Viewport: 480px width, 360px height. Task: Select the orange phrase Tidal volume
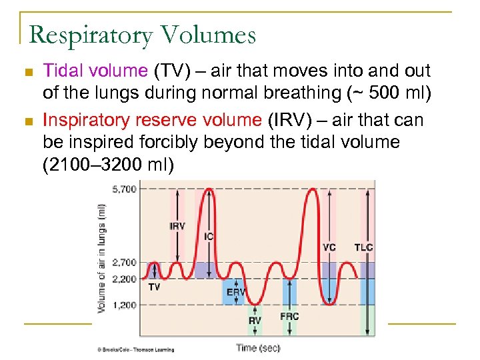pyautogui.click(x=95, y=71)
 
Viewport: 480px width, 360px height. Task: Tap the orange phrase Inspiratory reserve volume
pyautogui.click(x=152, y=120)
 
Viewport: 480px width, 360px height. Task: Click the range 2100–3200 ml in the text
pyautogui.click(x=105, y=165)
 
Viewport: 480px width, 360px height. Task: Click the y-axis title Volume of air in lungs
pyautogui.click(x=102, y=258)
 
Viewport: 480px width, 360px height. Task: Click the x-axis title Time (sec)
pyautogui.click(x=258, y=347)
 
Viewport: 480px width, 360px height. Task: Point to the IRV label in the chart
pyautogui.click(x=177, y=227)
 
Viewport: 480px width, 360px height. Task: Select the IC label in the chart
pyautogui.click(x=209, y=237)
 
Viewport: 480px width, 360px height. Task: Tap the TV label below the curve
pyautogui.click(x=154, y=287)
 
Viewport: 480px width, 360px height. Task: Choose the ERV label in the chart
pyautogui.click(x=235, y=292)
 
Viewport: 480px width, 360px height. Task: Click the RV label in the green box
pyautogui.click(x=255, y=321)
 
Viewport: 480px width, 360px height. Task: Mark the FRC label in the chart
pyautogui.click(x=289, y=317)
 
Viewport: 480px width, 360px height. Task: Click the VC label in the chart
pyautogui.click(x=329, y=247)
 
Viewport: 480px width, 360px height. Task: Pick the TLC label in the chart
pyautogui.click(x=363, y=247)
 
